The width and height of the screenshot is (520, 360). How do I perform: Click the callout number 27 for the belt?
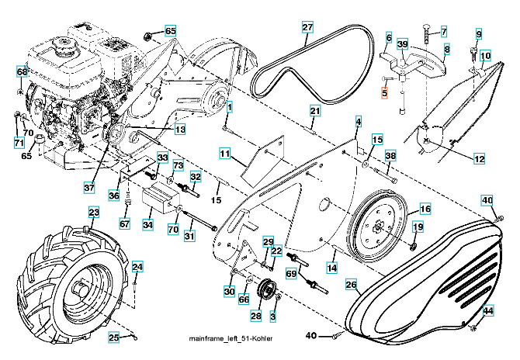coord(307,28)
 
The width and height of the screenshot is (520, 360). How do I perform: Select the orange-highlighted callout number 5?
coord(383,92)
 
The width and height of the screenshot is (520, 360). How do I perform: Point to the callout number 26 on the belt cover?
coord(351,286)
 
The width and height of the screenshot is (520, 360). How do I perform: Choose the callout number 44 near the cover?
coord(488,310)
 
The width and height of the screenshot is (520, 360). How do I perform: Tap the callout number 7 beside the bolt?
coord(444,31)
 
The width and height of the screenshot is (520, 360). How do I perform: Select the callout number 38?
coord(390,156)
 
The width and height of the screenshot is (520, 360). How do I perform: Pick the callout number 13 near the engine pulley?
coord(179,130)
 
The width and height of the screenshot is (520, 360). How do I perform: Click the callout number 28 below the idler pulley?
coord(255,316)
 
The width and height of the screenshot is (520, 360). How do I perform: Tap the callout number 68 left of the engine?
coord(22,72)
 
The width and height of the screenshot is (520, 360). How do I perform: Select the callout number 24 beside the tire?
coord(137,268)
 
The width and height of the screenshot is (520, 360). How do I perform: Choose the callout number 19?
coord(418,227)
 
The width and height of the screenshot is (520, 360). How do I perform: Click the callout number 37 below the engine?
coord(89,187)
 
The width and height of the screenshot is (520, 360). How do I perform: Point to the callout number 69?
coord(291,274)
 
